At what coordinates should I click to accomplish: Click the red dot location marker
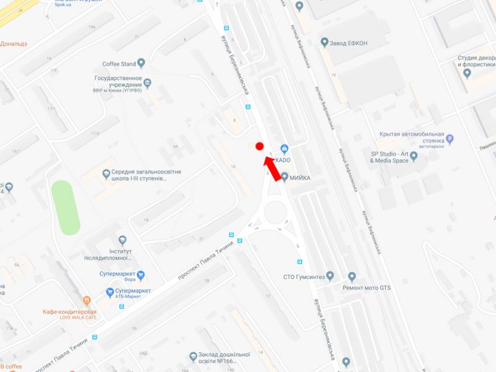(260, 146)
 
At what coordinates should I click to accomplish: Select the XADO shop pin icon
(285, 149)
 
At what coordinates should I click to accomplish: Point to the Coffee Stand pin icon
(141, 63)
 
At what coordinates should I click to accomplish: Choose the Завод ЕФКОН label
(350, 43)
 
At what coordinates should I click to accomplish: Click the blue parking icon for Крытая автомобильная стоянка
(450, 139)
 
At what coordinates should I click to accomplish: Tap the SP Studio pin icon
(414, 156)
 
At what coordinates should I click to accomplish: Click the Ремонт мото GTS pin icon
(352, 277)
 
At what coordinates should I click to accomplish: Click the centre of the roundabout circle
(277, 214)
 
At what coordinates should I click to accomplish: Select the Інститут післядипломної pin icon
(122, 240)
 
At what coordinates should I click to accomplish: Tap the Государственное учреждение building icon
(147, 82)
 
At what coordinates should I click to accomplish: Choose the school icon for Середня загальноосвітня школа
(106, 174)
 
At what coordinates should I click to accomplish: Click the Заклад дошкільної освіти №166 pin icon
(193, 356)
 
